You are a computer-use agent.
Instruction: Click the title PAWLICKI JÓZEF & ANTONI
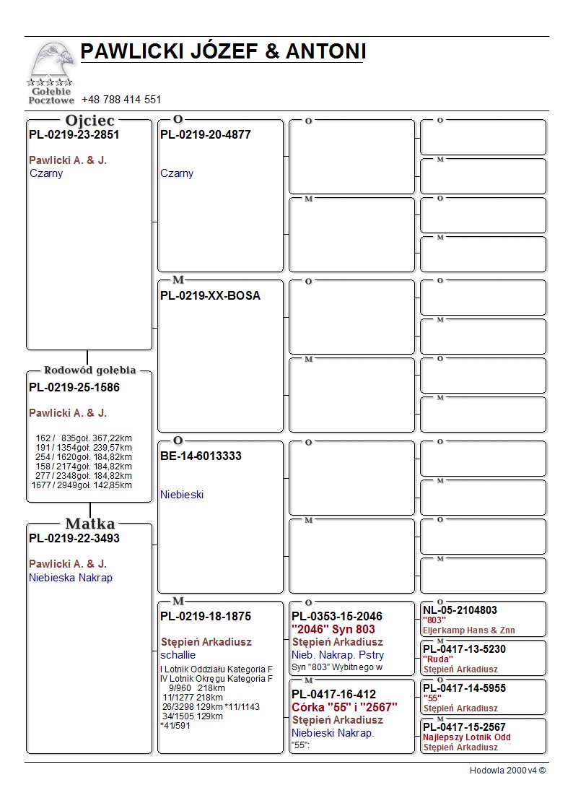point(223,51)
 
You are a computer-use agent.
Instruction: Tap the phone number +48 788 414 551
point(121,100)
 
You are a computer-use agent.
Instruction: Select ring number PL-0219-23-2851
point(74,134)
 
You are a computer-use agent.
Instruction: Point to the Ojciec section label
point(89,121)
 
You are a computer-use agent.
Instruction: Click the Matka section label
point(90,524)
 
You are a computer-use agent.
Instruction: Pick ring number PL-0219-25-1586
point(74,388)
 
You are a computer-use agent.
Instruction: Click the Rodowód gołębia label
point(90,370)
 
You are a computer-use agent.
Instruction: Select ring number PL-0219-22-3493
point(74,539)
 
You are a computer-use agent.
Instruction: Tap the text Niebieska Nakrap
point(71,578)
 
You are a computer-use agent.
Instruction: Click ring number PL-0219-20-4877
point(206,134)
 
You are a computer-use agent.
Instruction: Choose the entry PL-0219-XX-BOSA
point(211,296)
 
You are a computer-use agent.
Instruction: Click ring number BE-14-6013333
point(201,456)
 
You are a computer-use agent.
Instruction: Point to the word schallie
point(178,655)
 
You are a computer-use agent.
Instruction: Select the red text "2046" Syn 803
point(333,630)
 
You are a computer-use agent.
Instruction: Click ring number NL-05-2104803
point(460,610)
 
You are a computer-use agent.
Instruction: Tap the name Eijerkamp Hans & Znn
point(469,630)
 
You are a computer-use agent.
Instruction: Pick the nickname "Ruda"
point(438,659)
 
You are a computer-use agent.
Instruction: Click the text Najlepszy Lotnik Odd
point(467,737)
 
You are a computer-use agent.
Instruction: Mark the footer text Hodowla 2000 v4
point(507,771)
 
